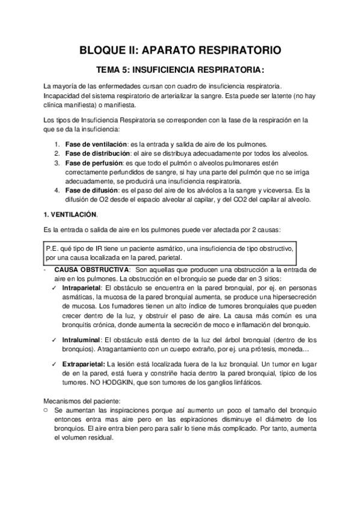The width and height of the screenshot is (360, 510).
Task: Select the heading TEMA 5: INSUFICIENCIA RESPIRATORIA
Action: click(x=180, y=69)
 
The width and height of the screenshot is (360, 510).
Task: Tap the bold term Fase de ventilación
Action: click(x=96, y=144)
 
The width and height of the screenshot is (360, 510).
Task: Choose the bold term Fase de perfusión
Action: click(x=94, y=162)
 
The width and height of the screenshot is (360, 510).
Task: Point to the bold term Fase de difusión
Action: click(x=91, y=191)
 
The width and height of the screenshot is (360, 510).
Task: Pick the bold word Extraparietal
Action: click(x=84, y=364)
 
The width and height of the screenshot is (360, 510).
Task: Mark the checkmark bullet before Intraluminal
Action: click(x=55, y=340)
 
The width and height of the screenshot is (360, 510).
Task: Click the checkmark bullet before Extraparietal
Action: click(x=55, y=364)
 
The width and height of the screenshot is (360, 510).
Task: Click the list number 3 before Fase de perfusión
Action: click(x=56, y=162)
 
